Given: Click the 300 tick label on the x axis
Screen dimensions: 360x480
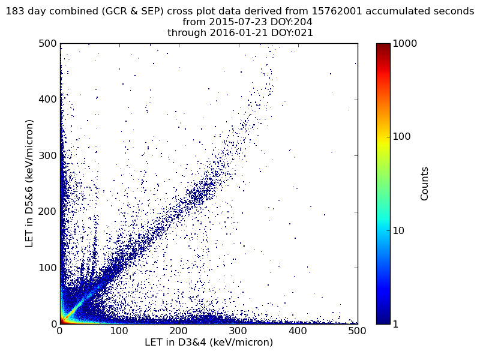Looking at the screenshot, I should click(x=179, y=331).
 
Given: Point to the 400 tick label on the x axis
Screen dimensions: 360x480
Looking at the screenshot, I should click(x=238, y=331).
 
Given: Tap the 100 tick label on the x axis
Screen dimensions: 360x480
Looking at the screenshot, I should click(x=119, y=331).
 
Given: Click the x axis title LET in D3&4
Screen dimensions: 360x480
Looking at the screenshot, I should click(x=209, y=343).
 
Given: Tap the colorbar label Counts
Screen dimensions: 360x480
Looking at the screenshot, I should click(x=425, y=184).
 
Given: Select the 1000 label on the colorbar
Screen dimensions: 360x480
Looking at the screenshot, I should click(x=405, y=44).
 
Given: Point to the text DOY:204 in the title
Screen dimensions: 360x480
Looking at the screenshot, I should click(x=292, y=22).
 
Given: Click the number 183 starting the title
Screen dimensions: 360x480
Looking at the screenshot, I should click(x=15, y=11).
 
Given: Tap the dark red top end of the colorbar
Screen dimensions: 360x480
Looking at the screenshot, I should click(x=383, y=46).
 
